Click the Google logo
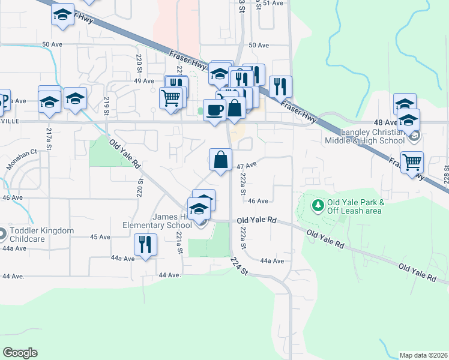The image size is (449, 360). (20, 353)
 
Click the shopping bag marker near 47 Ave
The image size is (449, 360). (221, 161)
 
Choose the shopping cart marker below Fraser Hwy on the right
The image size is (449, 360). (412, 162)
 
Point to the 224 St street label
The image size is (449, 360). (238, 265)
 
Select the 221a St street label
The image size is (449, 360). (179, 241)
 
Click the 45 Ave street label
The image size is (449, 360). (100, 237)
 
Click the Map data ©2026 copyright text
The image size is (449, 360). (424, 355)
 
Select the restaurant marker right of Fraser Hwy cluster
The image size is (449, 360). (280, 87)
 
